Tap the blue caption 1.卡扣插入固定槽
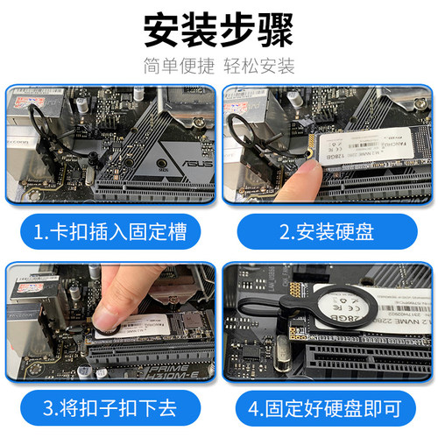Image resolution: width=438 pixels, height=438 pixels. [x=109, y=232]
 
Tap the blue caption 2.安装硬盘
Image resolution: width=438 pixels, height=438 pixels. [x=328, y=232]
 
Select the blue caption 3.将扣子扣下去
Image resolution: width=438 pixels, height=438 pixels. [x=109, y=406]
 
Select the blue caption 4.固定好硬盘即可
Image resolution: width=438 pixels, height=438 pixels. [x=328, y=406]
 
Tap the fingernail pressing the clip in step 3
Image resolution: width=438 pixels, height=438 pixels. [x=108, y=316]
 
